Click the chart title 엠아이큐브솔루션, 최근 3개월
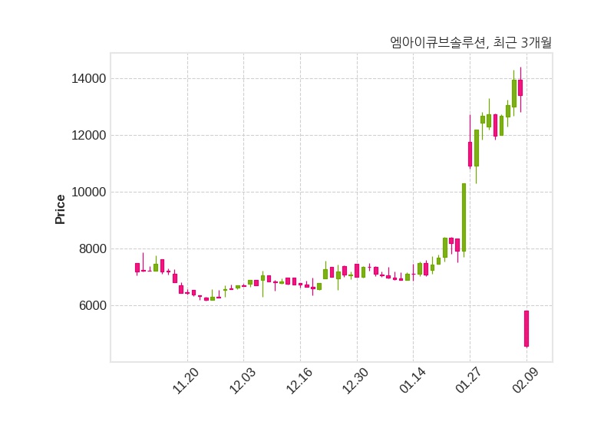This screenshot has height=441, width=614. [x=470, y=43]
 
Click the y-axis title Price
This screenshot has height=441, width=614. [x=61, y=209]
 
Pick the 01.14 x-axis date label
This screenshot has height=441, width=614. [x=412, y=381]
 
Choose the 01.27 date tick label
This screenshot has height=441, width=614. [x=469, y=381]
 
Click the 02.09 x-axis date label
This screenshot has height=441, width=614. [x=526, y=381]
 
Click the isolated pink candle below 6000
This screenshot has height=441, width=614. [x=527, y=328]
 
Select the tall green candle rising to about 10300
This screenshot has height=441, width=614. [x=464, y=217]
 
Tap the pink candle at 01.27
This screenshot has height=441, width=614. [x=470, y=153]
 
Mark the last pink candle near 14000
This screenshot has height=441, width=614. [x=520, y=87]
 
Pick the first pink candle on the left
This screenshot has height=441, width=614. [x=137, y=268]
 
